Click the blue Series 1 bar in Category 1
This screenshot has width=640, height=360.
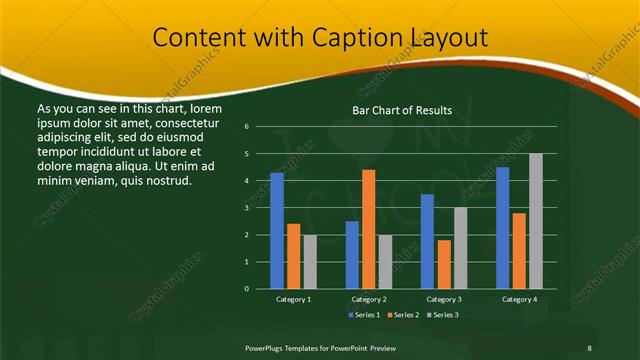pyautogui.click(x=277, y=231)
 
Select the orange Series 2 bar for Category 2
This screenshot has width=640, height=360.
pyautogui.click(x=368, y=229)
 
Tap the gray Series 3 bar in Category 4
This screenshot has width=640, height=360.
pyautogui.click(x=535, y=221)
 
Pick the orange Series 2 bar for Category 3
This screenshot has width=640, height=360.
pyautogui.click(x=443, y=264)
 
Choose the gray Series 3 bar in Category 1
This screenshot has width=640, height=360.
pyautogui.click(x=310, y=261)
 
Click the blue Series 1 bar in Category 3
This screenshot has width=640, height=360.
pyautogui.click(x=427, y=241)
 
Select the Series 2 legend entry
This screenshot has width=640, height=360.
pyautogui.click(x=404, y=315)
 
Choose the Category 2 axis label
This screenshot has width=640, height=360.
pyautogui.click(x=369, y=299)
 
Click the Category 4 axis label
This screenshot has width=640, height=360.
pyautogui.click(x=518, y=299)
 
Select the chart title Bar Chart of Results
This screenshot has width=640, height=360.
pyautogui.click(x=402, y=110)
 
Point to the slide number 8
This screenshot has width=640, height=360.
pyautogui.click(x=589, y=347)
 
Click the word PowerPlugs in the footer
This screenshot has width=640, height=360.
pyautogui.click(x=267, y=347)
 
